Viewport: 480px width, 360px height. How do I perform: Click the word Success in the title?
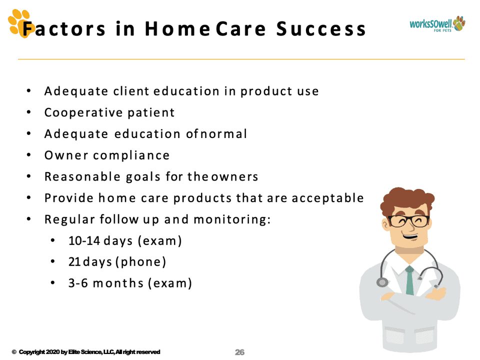click(x=321, y=29)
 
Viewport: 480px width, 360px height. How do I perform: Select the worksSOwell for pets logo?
click(x=437, y=24)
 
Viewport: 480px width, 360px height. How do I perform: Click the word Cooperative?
click(x=84, y=112)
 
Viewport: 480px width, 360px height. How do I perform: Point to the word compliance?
click(x=131, y=155)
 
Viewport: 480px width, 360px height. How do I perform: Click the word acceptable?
click(x=327, y=198)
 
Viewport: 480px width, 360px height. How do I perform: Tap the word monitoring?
click(x=232, y=219)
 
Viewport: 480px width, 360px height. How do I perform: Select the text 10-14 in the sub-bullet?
click(x=84, y=241)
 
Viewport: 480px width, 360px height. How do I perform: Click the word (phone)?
click(x=141, y=262)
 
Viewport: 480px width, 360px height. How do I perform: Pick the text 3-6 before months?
click(x=78, y=283)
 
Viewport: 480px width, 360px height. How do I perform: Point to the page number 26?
click(x=239, y=352)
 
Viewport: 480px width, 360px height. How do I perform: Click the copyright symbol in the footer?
click(x=14, y=352)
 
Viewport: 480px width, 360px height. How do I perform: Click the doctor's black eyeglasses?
click(x=409, y=221)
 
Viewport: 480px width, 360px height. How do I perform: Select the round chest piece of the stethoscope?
click(x=382, y=282)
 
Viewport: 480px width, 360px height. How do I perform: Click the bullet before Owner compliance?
click(x=29, y=155)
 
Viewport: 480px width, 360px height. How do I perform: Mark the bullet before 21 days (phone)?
click(x=53, y=261)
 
